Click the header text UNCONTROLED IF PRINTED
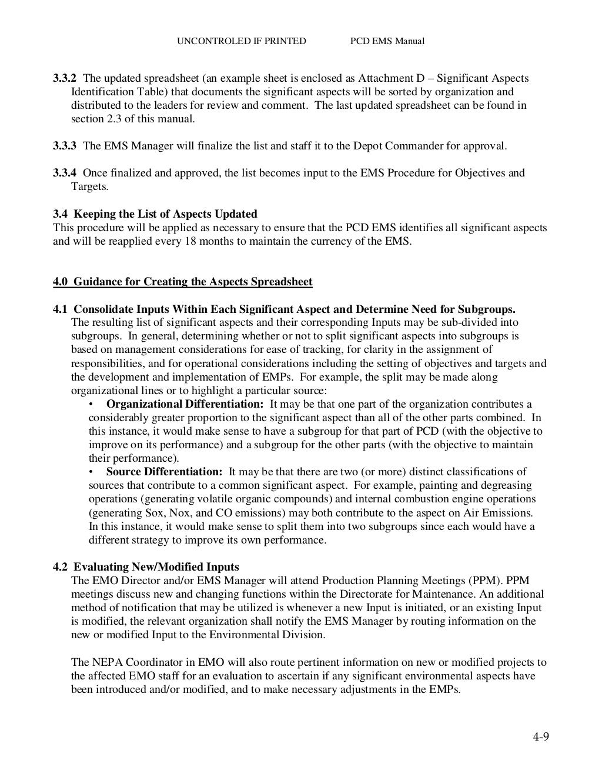coord(242,41)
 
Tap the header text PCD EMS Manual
coord(387,41)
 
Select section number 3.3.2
coord(65,78)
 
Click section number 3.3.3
coord(65,146)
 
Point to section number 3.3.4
coord(65,173)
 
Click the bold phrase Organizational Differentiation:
coord(185,404)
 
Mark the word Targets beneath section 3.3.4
coord(89,186)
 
